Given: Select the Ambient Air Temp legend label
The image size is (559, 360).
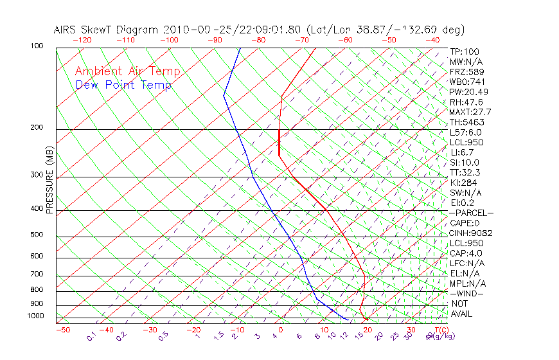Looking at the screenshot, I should click(x=128, y=71).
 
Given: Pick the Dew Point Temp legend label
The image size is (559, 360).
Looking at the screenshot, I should click(x=123, y=85).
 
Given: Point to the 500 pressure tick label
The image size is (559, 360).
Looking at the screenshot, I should click(x=37, y=235).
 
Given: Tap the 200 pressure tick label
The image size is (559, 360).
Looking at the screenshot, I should click(x=37, y=128).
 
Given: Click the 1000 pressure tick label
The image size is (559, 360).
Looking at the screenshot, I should click(x=35, y=316).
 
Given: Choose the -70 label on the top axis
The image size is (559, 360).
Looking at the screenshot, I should click(x=301, y=39).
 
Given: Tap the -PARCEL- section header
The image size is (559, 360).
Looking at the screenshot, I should click(x=472, y=213).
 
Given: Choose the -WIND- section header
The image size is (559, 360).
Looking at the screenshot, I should click(x=468, y=293).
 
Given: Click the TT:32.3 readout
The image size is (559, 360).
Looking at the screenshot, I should click(x=465, y=172).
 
